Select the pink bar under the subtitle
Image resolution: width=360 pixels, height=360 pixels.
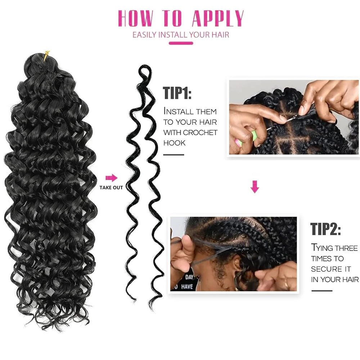(x=181, y=43)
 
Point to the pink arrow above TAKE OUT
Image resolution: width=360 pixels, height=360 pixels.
(x=112, y=177)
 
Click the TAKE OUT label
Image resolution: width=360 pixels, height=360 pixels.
(x=111, y=188)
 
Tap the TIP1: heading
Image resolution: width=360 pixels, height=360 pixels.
(x=177, y=93)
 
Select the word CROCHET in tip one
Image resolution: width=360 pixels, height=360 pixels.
(x=200, y=132)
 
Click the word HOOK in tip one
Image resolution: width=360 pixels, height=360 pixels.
(x=174, y=143)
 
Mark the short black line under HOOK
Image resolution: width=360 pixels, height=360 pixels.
(x=174, y=155)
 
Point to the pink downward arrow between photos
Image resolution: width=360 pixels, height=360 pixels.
(x=255, y=187)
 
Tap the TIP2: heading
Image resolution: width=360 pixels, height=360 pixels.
(x=325, y=229)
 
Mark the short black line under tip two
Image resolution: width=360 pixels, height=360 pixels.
(x=321, y=290)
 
